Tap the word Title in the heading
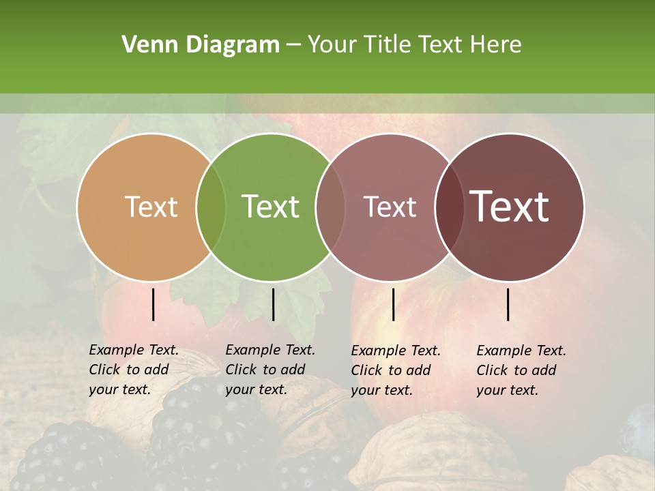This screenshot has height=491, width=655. (387, 45)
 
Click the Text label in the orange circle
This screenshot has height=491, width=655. (151, 207)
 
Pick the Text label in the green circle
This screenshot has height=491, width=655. (271, 207)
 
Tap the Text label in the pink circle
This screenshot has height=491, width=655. (390, 207)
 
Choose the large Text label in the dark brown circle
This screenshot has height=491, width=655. (510, 207)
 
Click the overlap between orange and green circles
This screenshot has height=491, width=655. (211, 207)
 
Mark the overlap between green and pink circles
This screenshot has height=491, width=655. (330, 207)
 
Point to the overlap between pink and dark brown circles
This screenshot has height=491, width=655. (450, 207)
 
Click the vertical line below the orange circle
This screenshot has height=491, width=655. (154, 304)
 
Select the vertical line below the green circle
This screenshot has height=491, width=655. (274, 304)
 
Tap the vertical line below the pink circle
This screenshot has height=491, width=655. (394, 304)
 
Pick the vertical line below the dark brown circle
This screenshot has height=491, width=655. (508, 304)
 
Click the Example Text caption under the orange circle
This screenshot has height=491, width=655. (134, 370)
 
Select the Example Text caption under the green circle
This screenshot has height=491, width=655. (270, 370)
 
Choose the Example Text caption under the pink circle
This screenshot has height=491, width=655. (396, 370)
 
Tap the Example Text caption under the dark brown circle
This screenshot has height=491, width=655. (521, 370)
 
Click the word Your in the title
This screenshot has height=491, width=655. (332, 45)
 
